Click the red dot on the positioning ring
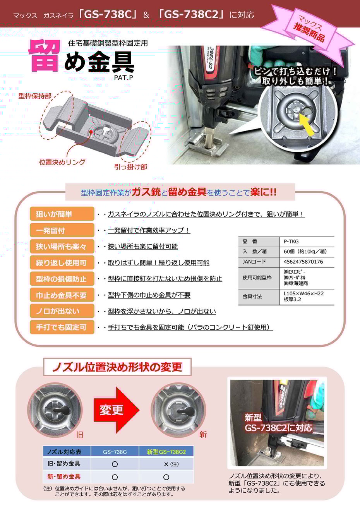(x=91, y=132)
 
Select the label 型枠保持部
(x=35, y=96)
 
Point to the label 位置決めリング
(x=62, y=162)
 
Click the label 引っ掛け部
(x=130, y=167)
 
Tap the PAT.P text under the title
(x=123, y=78)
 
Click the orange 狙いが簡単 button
(x=62, y=214)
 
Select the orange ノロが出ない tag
(x=62, y=311)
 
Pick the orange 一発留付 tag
(x=62, y=230)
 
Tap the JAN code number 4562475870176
(x=303, y=262)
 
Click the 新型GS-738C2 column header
(x=166, y=452)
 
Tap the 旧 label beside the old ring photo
(x=79, y=434)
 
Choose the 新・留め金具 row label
(x=64, y=476)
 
